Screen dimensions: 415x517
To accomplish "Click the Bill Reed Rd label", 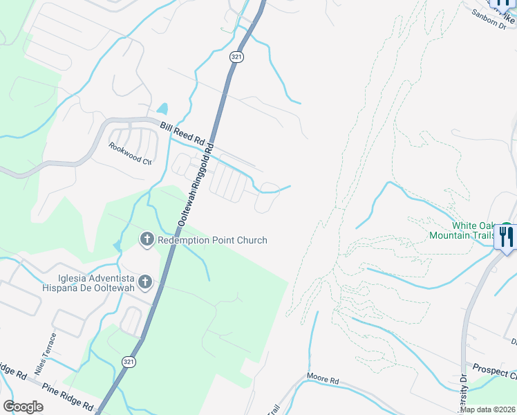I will click(x=182, y=133).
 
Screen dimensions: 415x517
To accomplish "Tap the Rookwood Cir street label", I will click(x=130, y=154).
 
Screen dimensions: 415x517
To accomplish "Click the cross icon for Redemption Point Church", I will click(x=147, y=240).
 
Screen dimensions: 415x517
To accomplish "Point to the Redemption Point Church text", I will click(x=211, y=240).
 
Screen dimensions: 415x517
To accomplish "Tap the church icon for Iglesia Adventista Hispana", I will click(x=144, y=282).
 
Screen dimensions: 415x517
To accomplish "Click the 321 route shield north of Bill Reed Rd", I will click(x=236, y=59).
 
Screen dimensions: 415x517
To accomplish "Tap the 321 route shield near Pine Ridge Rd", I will click(x=128, y=362).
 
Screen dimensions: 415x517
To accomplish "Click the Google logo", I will click(x=23, y=407).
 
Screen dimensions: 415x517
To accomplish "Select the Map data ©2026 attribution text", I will click(x=487, y=409).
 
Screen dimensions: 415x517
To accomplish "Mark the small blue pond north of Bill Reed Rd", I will click(x=162, y=109).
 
